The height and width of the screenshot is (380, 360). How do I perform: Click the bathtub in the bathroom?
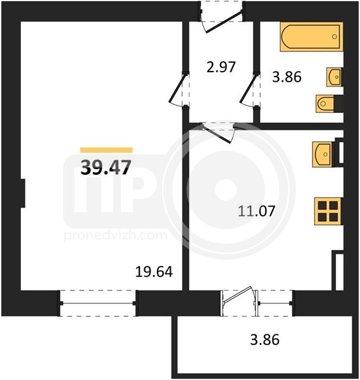311,37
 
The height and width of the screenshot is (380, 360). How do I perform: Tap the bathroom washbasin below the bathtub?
334,77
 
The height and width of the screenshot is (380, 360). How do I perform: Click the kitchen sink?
323,155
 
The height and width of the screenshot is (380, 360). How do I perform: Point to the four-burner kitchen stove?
328,212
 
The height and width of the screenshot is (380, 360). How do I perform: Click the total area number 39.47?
106,167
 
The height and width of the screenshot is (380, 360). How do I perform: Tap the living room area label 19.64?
154,272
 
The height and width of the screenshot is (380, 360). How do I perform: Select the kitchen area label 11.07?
256,211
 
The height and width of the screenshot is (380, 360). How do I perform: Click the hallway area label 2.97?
221,67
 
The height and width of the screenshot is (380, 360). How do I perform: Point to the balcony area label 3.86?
264,339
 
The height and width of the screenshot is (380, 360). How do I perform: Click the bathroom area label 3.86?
287,77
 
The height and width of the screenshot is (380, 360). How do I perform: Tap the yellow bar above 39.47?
106,150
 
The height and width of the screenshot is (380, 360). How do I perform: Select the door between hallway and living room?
178,89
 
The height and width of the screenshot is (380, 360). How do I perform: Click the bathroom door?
250,89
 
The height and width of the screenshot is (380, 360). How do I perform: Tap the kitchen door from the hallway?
218,133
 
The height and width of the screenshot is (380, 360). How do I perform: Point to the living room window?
98,303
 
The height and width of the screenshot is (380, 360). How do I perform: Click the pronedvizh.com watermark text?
116,236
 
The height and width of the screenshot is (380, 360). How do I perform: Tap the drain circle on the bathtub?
335,37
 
